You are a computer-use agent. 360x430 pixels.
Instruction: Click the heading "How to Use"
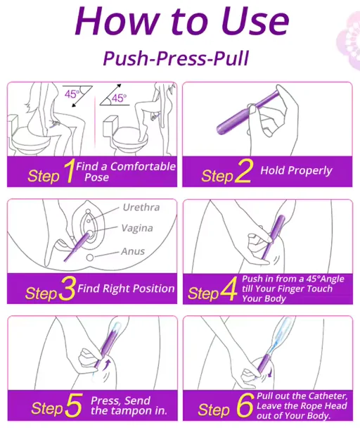[x=182, y=21]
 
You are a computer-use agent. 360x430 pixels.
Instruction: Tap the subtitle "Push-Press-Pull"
[x=176, y=58]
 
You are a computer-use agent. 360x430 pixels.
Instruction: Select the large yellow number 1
[x=69, y=171]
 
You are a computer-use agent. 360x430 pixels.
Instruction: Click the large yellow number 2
[x=243, y=171]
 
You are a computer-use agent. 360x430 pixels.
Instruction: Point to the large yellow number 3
[x=67, y=289]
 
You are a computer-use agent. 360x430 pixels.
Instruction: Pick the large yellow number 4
[x=229, y=289]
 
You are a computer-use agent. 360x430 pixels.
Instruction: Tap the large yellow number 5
[x=74, y=405]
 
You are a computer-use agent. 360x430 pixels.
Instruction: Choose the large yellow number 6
[x=245, y=405]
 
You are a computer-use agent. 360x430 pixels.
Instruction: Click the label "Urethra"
[x=141, y=208]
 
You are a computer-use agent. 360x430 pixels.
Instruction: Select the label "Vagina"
[x=137, y=228]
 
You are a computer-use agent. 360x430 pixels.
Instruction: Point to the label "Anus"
[x=133, y=251]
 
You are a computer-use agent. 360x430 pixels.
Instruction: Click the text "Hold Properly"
[x=296, y=171]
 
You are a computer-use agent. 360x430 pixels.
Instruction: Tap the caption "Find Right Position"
[x=126, y=289]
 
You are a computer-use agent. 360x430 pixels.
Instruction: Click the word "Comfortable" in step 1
[x=143, y=167]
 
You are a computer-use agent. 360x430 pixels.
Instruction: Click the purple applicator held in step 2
[x=247, y=113]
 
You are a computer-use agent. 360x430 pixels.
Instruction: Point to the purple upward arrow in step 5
[x=108, y=364]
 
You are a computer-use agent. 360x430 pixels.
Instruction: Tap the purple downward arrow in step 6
[x=270, y=373]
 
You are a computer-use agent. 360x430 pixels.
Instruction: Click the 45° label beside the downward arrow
[x=72, y=94]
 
